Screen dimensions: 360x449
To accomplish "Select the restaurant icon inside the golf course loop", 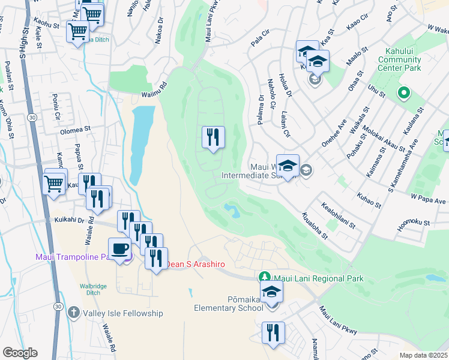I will [x=213, y=138].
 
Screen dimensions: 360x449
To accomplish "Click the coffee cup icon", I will [x=120, y=248].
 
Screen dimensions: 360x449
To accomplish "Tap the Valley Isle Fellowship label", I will [x=123, y=313].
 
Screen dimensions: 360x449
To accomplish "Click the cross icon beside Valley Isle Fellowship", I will [x=73, y=312].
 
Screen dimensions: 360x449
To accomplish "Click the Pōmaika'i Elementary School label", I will [x=228, y=303].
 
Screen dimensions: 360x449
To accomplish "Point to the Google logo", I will [x=20, y=353].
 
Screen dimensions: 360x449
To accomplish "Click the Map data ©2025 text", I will [x=423, y=355].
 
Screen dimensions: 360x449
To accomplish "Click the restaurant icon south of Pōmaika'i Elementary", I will [x=273, y=332].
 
